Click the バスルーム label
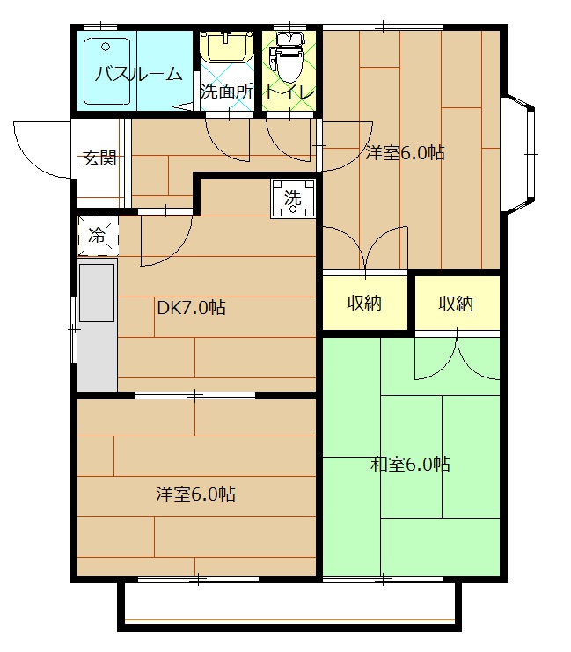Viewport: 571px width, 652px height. pos(138,74)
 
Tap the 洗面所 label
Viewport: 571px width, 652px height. pos(227,91)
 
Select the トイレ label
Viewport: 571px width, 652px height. pos(289,92)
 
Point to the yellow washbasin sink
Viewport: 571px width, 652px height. pos(227,47)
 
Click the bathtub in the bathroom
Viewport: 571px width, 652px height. pos(107,71)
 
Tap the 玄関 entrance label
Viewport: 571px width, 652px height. pos(99,158)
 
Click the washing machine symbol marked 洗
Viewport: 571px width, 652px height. pos(293,199)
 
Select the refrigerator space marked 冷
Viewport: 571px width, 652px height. pos(99,236)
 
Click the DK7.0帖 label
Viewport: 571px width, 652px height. pos(191,307)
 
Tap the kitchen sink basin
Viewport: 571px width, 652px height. pos(97,293)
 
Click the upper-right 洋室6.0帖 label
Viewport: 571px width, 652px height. pos(405,152)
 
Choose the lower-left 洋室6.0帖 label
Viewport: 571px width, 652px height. pos(195,494)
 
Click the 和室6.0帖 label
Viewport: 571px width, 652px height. pos(410,464)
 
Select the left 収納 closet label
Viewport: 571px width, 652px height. pos(364,304)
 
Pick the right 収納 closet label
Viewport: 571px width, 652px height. pos(456,304)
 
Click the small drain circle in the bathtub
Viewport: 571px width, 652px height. pos(106,47)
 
